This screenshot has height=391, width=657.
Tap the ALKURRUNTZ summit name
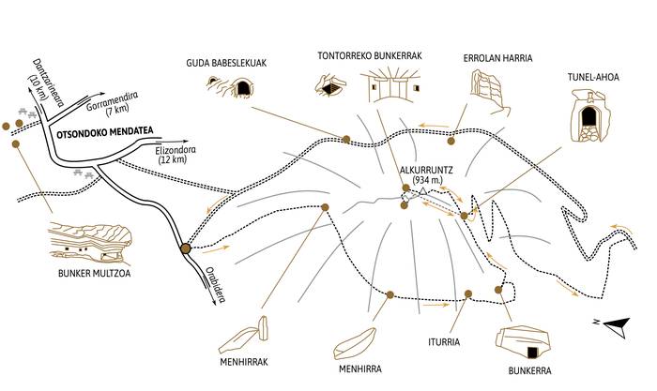(428, 171)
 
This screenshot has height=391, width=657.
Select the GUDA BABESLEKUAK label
(226, 63)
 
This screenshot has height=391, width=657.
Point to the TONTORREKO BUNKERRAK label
(368, 56)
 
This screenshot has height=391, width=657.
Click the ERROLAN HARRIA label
(497, 58)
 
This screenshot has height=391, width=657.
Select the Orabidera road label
(217, 279)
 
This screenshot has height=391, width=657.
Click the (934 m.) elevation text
(428, 182)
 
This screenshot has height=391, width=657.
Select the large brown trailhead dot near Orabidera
(186, 248)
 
